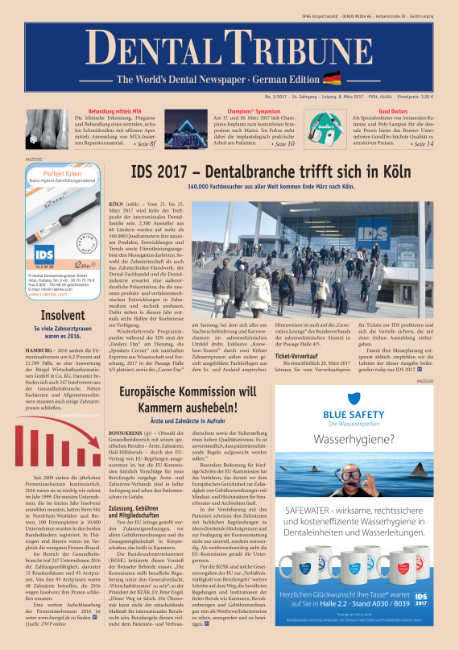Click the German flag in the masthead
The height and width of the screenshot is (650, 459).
coord(331,78)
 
